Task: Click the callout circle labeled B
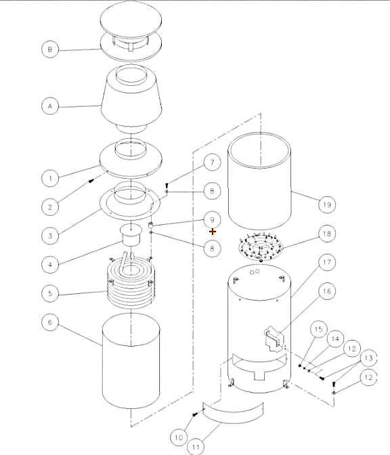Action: click(x=50, y=49)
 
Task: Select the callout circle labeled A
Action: click(x=50, y=106)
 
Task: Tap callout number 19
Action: click(x=327, y=204)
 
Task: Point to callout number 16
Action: click(x=327, y=291)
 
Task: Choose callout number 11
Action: click(x=196, y=447)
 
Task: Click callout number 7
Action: click(x=212, y=162)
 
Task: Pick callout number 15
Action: click(x=319, y=329)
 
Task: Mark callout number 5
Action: click(x=50, y=293)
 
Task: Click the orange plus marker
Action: click(x=213, y=232)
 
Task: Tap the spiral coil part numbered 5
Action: click(x=131, y=282)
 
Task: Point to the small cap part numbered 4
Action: click(x=131, y=234)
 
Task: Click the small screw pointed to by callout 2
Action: click(x=91, y=181)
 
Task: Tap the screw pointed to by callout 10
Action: click(x=195, y=414)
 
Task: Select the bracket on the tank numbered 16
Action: click(x=274, y=338)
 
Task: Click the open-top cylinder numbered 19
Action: click(x=259, y=181)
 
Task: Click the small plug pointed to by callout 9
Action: click(x=150, y=225)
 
